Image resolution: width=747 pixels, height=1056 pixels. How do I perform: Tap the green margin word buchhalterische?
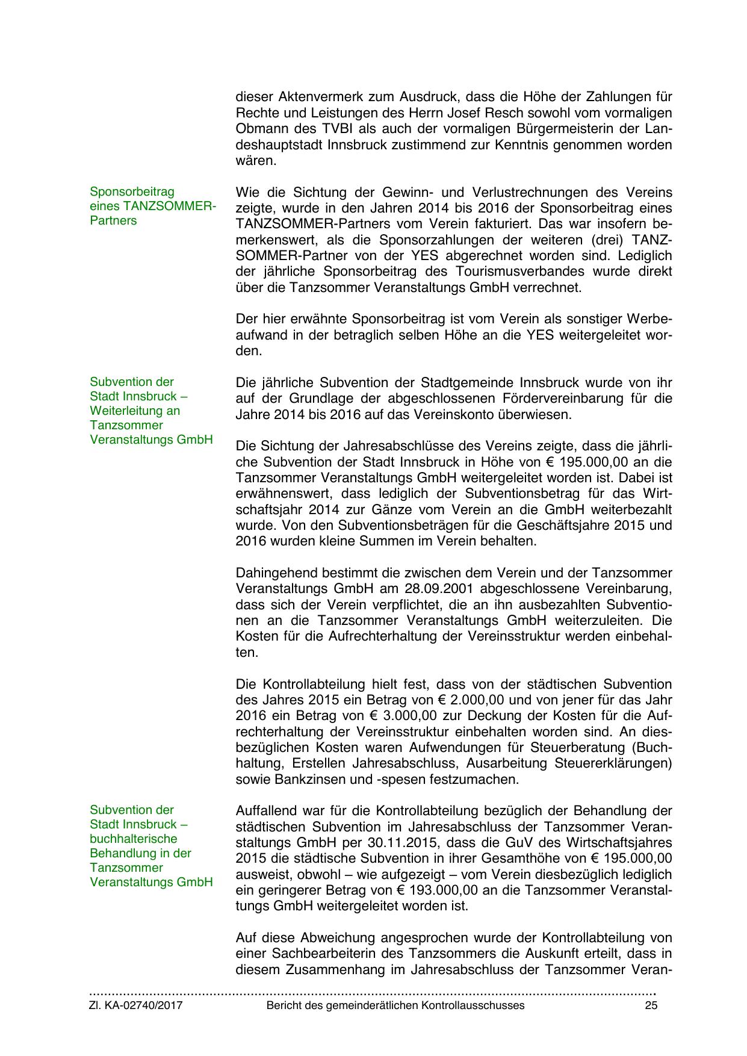click(134, 839)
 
